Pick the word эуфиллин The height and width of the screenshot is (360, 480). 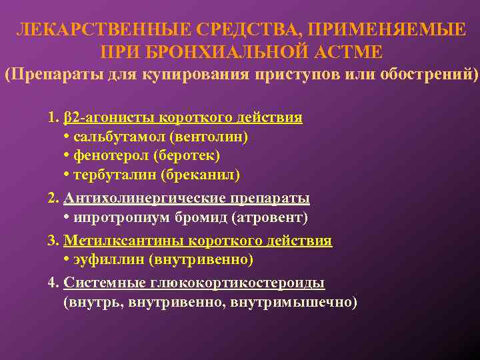click(x=110, y=259)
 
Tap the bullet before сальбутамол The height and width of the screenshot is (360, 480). click(x=67, y=137)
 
